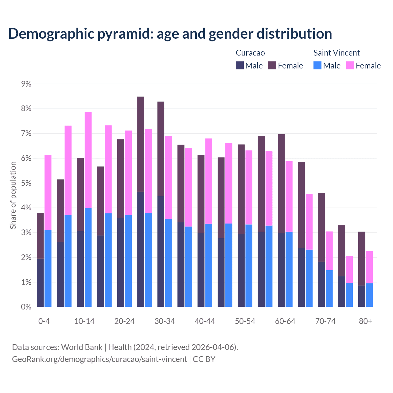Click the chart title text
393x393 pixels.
pos(170,33)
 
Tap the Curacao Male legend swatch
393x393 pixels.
pos(240,65)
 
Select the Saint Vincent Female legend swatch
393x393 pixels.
pos(350,65)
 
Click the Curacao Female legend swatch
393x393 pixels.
pos(272,65)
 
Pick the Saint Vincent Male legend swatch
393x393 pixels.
pos(317,65)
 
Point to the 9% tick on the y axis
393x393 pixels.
pos(26,84)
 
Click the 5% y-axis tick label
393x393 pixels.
pos(26,183)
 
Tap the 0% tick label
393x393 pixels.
pos(26,307)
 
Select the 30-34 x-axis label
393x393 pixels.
pos(165,321)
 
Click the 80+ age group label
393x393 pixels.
pos(365,321)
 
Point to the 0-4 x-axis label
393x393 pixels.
pos(44,321)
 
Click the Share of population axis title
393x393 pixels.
pos(13,195)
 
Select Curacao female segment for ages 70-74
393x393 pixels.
pos(321,227)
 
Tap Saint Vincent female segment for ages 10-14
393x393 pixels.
pos(88,160)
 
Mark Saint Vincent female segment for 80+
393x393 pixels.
pos(369,267)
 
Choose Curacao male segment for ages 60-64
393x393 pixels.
pos(281,270)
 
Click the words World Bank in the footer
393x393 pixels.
pos(82,347)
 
